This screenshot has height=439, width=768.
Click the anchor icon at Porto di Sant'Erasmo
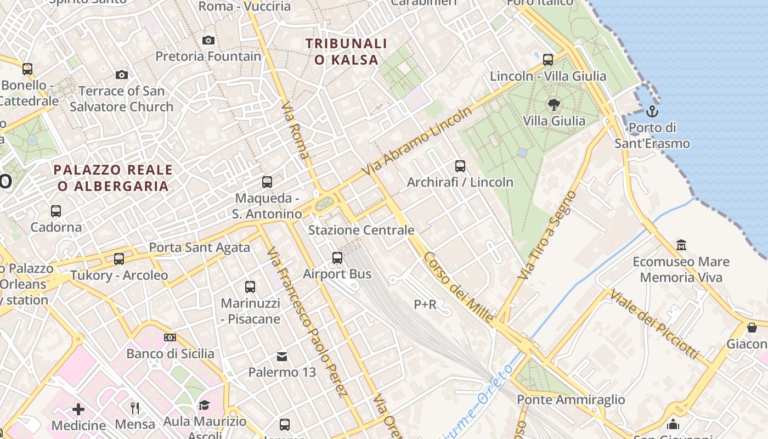652,111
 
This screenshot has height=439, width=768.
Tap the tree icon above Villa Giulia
554,104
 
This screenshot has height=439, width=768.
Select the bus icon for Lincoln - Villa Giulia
547,60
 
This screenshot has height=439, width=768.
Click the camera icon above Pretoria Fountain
208,40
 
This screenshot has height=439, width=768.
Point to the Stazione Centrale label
361,230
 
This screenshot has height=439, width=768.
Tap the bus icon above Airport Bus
337,257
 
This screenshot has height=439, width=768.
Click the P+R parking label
425,304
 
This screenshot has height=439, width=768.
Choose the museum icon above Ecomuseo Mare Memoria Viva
681,245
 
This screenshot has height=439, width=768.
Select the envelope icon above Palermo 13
282,357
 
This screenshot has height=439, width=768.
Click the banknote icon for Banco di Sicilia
170,337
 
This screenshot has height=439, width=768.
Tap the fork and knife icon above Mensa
135,408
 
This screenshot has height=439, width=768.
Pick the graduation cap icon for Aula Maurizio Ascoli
204,405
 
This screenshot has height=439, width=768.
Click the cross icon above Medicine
78,409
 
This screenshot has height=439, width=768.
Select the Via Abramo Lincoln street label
417,142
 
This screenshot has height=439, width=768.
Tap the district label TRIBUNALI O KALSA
346,52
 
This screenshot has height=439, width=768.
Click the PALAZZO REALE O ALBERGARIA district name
113,178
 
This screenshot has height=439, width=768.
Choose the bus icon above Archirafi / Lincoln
460,165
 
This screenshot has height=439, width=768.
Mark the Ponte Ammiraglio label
571,399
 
